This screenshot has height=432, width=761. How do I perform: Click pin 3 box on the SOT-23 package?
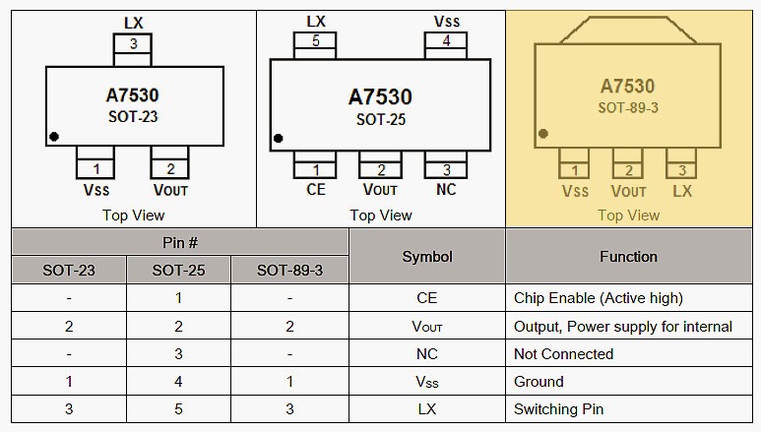pos(133,44)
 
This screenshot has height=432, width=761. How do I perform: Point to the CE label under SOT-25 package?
pos(316,190)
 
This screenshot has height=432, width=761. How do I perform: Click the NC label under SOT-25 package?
pos(446,190)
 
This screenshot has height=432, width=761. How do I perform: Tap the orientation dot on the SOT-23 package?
pos(55,136)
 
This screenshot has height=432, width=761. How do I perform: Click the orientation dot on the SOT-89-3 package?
pos(542,134)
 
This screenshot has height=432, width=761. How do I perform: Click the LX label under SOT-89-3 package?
pos(681,191)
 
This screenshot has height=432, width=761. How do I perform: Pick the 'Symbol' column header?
pos(427,257)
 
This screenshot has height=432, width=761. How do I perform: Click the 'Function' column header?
pos(628,257)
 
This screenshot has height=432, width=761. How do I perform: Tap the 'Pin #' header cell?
pos(179,242)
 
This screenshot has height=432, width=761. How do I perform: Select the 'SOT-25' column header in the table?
pos(178,270)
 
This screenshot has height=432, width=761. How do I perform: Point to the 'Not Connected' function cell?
pos(563,354)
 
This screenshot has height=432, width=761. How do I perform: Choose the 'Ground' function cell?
pos(539,382)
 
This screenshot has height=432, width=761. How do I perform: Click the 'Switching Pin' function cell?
pos(558,409)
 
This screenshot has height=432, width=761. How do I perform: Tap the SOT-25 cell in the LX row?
pos(178,409)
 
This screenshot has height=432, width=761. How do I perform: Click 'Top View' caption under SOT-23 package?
pos(133,215)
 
